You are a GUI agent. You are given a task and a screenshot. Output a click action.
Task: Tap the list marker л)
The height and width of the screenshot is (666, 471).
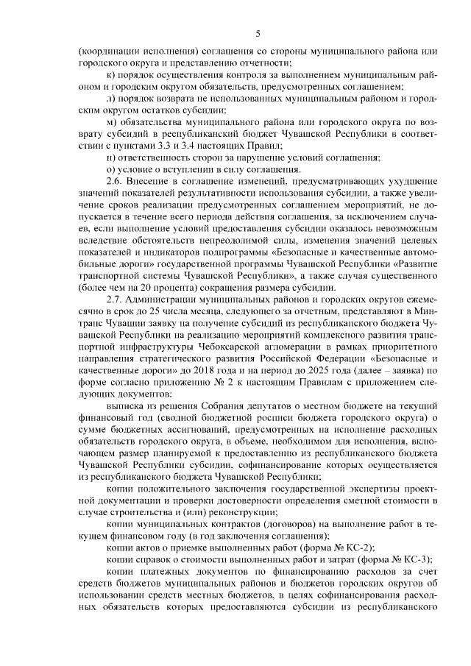(x=111, y=97)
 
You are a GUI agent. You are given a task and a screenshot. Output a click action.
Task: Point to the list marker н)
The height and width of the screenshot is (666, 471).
(x=111, y=158)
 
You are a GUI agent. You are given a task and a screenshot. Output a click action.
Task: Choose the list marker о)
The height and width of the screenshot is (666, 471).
(x=111, y=169)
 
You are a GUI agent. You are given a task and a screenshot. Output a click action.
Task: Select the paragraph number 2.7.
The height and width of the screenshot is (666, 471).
(x=115, y=300)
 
